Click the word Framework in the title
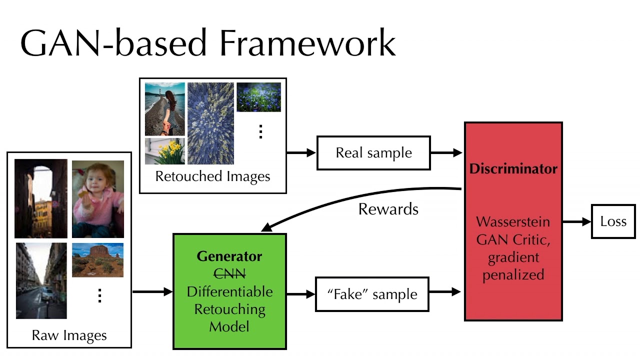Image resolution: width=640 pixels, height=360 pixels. coord(307,44)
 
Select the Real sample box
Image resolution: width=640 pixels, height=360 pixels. coord(373,153)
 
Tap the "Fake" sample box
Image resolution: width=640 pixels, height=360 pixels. coord(372,294)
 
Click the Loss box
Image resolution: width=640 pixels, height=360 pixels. coord(613,221)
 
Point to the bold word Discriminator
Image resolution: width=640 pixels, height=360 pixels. coord(513,169)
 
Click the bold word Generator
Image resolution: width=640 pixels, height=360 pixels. coord(229,256)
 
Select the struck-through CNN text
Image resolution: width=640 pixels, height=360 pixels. coord(229,274)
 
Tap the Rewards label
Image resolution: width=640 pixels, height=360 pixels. coord(388,209)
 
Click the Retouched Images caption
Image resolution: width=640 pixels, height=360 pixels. coord(212,176)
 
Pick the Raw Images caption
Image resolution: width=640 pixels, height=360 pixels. coord(69,335)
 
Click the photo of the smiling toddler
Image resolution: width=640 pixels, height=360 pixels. coord(98,198)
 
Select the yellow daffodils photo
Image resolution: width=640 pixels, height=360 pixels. coord(165,151)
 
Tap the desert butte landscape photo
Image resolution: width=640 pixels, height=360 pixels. coord(97,260)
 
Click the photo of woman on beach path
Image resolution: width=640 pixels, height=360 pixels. coord(164,109)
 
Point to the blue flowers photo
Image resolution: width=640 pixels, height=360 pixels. coord(258,97)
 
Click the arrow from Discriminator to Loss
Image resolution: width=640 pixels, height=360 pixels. coord(576,221)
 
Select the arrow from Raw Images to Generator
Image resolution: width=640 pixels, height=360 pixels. coord(152,291)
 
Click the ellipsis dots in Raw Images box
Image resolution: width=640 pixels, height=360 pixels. coord(99,295)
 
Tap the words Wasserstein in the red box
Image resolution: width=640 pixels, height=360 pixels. coord(513,222)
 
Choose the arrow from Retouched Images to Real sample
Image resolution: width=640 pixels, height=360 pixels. coord(301,153)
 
